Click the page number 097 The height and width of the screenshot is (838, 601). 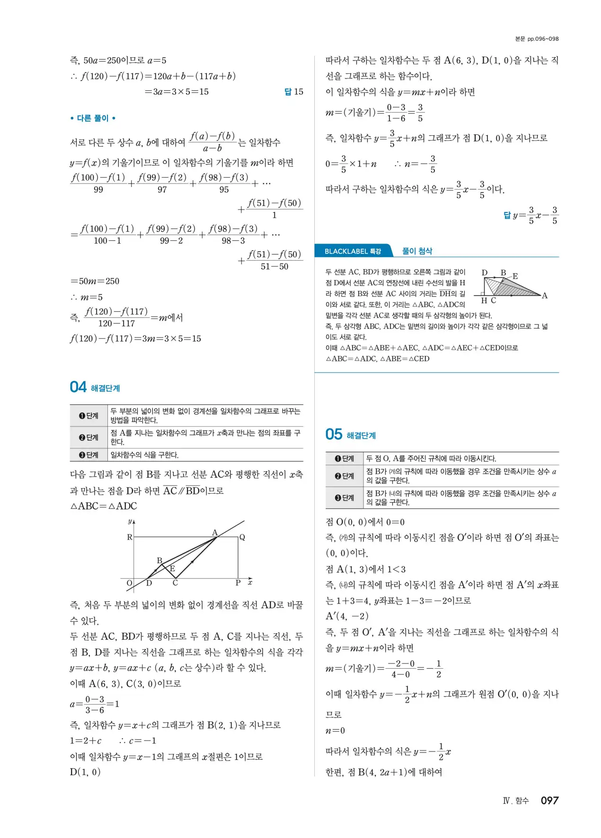[x=549, y=800]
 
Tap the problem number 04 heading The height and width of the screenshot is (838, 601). [x=79, y=387]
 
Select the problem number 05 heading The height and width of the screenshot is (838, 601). [x=334, y=435]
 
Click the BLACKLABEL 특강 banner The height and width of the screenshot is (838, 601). [x=353, y=251]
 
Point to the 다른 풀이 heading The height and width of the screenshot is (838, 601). [x=93, y=118]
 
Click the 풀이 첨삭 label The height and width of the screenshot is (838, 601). [x=417, y=251]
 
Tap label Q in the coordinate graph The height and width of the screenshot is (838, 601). [x=242, y=537]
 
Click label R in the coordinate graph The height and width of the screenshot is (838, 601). [x=129, y=537]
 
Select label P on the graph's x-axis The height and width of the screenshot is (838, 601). [x=238, y=583]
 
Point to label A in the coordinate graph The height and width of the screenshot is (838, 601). [x=214, y=532]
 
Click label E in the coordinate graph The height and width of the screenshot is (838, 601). [x=172, y=568]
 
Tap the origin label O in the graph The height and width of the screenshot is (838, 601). [x=129, y=583]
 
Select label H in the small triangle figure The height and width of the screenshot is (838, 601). [x=484, y=300]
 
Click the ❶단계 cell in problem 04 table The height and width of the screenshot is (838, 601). [x=89, y=416]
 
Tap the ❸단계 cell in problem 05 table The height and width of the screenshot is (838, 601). [x=345, y=498]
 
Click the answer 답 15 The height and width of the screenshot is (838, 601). [x=294, y=92]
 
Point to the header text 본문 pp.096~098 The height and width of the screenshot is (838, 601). [x=537, y=39]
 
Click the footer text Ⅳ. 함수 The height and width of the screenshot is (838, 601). [x=516, y=801]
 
